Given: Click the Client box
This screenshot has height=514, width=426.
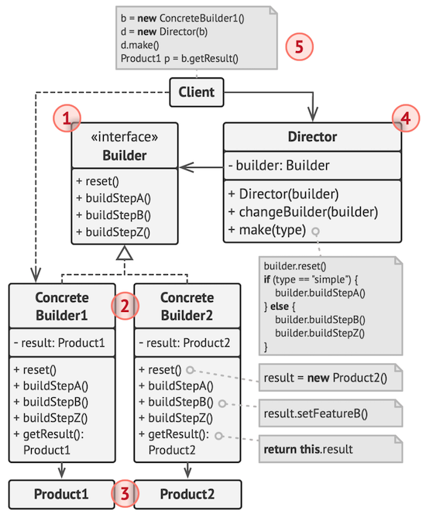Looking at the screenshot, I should (x=198, y=93).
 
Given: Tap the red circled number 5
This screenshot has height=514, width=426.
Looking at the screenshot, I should (x=299, y=45).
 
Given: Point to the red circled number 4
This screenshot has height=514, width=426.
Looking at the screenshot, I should (x=404, y=118).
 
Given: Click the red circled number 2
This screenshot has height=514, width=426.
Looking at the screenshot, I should (x=123, y=306).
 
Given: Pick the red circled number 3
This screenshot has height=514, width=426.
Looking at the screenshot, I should (x=124, y=492).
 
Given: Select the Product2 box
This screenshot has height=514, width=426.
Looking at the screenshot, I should (x=187, y=493).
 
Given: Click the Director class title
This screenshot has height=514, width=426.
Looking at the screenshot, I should (x=312, y=137).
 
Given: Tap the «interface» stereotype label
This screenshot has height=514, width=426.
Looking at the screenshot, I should (x=125, y=137).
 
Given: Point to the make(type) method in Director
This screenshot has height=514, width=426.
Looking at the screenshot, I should (x=267, y=230).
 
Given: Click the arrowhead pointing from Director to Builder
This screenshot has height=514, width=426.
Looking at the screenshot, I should (x=183, y=166).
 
